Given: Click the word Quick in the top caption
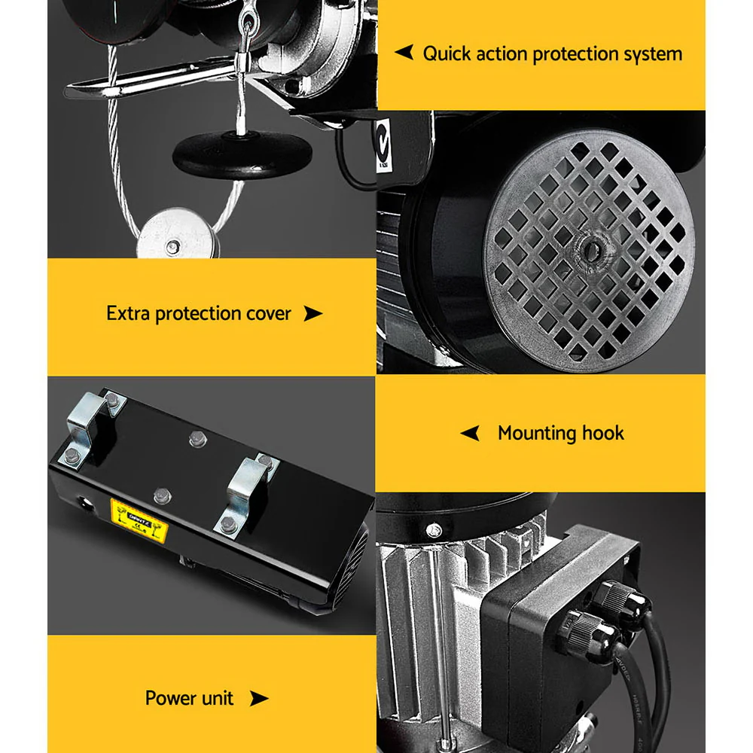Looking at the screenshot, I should [447, 54].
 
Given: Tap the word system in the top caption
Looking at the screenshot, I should [648, 54].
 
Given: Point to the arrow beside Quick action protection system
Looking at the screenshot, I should [404, 53].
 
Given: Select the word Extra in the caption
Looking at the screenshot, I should [128, 313].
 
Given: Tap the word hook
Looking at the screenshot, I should [603, 433].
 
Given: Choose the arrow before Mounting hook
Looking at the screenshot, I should [470, 433].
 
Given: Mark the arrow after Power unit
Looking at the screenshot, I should [258, 699].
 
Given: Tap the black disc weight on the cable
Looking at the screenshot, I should [242, 154].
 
